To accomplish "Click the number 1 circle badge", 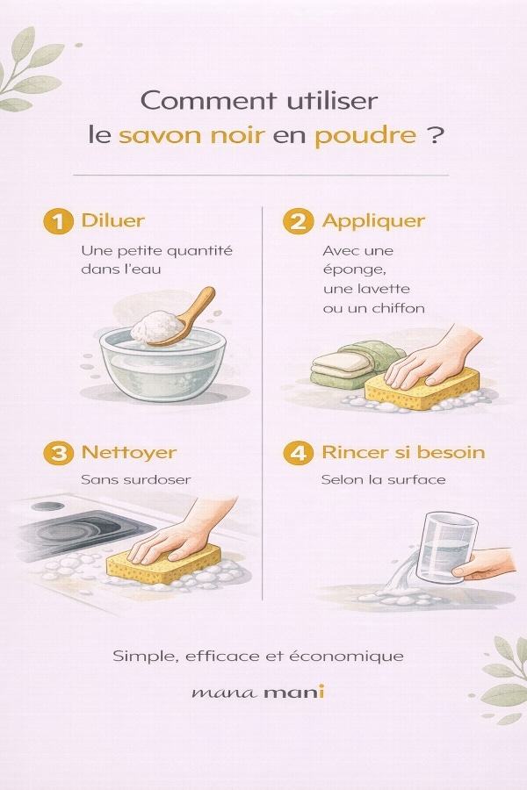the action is pyautogui.click(x=59, y=222).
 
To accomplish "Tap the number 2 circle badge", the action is pyautogui.click(x=298, y=222).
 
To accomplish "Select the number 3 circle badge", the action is pyautogui.click(x=59, y=453).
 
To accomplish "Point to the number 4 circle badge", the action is pyautogui.click(x=298, y=453).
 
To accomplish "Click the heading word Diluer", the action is pyautogui.click(x=113, y=220).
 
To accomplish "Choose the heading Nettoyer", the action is pyautogui.click(x=129, y=452).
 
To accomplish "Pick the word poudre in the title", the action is pyautogui.click(x=366, y=136).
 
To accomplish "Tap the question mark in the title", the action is pyautogui.click(x=436, y=134).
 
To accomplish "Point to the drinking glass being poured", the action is pyautogui.click(x=446, y=547).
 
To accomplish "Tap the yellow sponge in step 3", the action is pyautogui.click(x=163, y=564).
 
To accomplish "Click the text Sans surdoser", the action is pyautogui.click(x=135, y=479).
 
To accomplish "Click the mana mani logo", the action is pyautogui.click(x=257, y=692).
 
